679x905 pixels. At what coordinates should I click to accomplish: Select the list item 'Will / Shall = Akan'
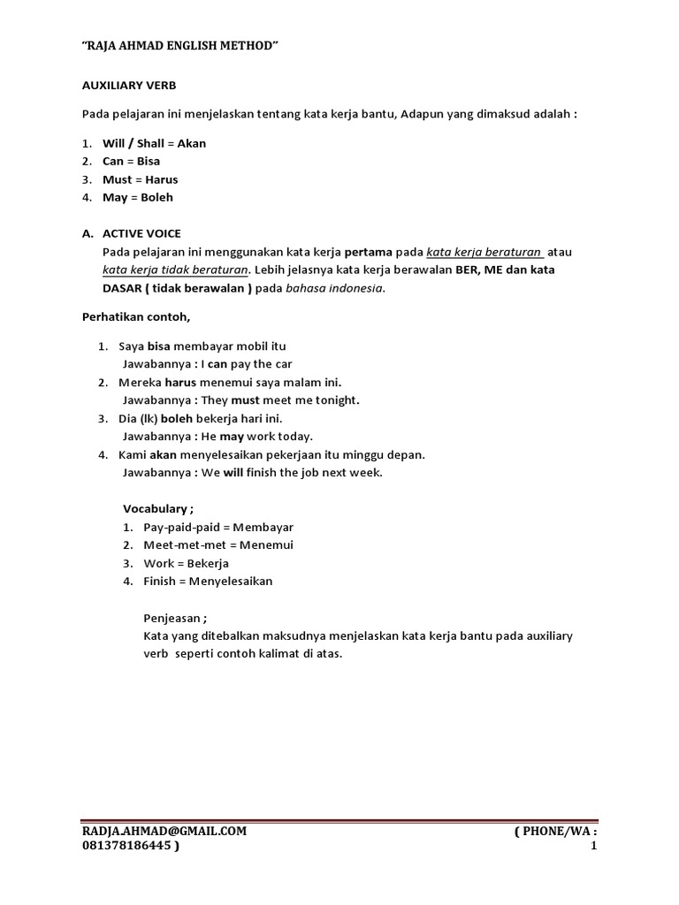click(154, 143)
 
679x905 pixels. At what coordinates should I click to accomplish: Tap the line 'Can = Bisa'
click(131, 162)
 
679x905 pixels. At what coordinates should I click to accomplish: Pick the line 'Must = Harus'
click(140, 179)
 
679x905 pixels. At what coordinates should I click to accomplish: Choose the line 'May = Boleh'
click(137, 198)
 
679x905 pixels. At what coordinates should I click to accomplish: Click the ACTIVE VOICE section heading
click(141, 233)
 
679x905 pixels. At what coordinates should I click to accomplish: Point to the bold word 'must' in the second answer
click(245, 400)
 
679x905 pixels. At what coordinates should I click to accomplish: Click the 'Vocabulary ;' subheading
click(157, 509)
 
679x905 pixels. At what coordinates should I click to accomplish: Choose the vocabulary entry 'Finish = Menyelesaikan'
click(208, 582)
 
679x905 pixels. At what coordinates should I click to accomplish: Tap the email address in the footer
click(164, 832)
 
